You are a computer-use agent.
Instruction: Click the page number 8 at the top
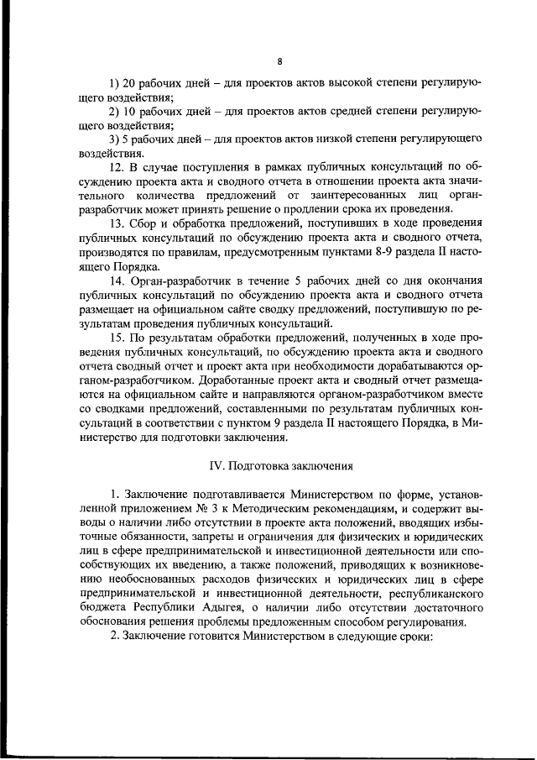(279, 60)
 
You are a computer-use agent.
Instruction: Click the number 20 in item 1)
(131, 85)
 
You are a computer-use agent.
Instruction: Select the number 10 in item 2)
(131, 110)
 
